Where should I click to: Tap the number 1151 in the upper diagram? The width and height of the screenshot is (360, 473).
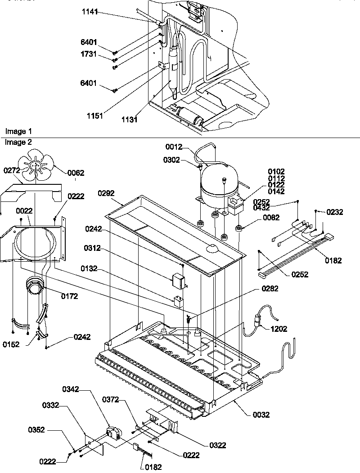point(95,116)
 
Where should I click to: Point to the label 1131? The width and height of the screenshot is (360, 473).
point(130,120)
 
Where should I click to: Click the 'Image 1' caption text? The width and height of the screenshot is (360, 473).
point(18,131)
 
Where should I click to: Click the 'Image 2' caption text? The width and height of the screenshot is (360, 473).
point(18,142)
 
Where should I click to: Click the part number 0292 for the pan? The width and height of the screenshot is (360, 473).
point(106,193)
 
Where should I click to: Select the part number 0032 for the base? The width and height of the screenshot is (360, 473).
point(261,415)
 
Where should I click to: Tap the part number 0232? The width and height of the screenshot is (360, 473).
point(334,212)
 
